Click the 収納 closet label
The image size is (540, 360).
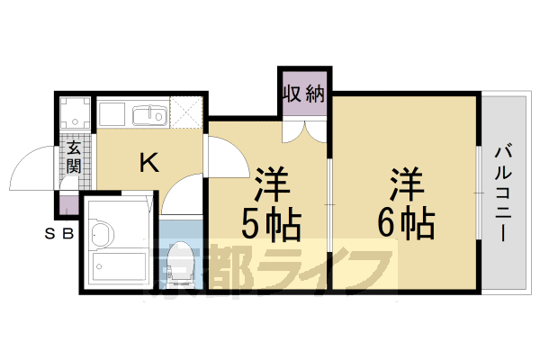click(305, 94)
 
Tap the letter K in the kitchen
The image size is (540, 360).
click(148, 163)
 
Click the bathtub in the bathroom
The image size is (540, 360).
click(117, 266)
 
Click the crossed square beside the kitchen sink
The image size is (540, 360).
click(187, 113)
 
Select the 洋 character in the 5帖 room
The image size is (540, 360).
click(270, 184)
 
